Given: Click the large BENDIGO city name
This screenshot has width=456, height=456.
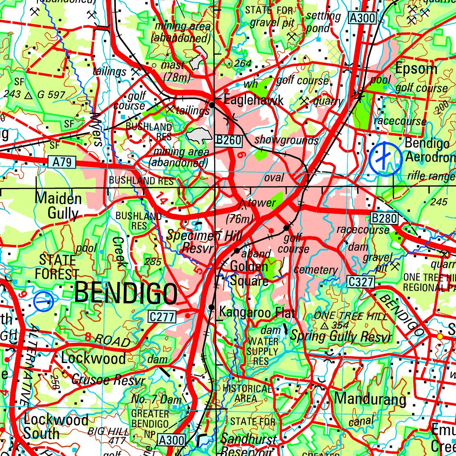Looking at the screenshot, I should pyautogui.click(x=126, y=294).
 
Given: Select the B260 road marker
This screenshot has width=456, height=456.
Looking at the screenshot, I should pyautogui.click(x=228, y=140).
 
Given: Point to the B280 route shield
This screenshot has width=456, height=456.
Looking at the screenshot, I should pyautogui.click(x=383, y=218).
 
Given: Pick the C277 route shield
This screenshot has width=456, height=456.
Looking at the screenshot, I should pyautogui.click(x=162, y=317).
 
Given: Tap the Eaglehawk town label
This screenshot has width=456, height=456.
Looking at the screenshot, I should pyautogui.click(x=253, y=100).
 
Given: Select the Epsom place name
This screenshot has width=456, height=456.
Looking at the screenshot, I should pyautogui.click(x=416, y=69).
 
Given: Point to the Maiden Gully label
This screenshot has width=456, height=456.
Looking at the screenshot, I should pyautogui.click(x=58, y=206).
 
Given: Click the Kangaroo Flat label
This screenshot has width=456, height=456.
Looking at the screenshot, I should pyautogui.click(x=257, y=313).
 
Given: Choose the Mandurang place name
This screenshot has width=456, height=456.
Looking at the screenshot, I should pyautogui.click(x=370, y=399).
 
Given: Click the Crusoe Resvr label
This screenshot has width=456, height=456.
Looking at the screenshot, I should pyautogui.click(x=108, y=381).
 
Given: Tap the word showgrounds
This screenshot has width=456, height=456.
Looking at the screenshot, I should pyautogui.click(x=286, y=140).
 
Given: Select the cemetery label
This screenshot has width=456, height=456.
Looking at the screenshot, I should pyautogui.click(x=316, y=270).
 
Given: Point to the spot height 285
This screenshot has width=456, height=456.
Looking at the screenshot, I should pyautogui.click(x=153, y=262).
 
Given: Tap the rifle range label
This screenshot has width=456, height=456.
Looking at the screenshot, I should pyautogui.click(x=431, y=176).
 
